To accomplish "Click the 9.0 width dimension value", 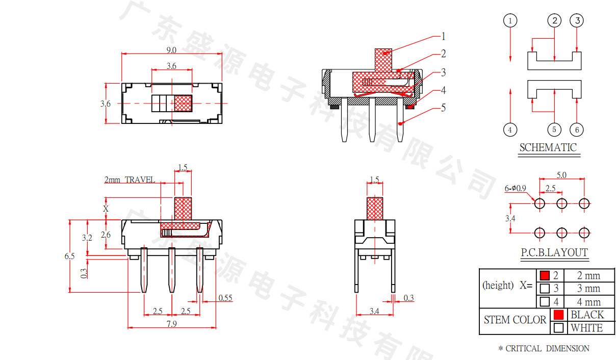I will click(x=171, y=50).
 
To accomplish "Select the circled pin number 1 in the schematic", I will click(x=510, y=21).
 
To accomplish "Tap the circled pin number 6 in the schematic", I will click(x=577, y=130).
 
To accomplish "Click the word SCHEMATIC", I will click(x=548, y=148).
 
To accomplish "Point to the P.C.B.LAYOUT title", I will click(x=554, y=252).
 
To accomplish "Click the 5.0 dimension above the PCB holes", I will click(x=561, y=175).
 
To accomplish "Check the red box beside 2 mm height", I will click(x=545, y=275).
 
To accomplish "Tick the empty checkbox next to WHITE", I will click(x=559, y=328).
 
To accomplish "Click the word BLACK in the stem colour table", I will click(x=587, y=315).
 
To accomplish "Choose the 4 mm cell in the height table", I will click(x=588, y=302).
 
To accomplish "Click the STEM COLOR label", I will click(x=515, y=320).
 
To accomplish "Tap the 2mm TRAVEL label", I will click(x=130, y=180).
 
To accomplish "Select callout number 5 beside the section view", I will click(x=443, y=108).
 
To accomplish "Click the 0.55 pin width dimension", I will click(x=225, y=298).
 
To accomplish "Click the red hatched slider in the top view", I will click(x=183, y=103).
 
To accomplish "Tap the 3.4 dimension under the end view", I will click(x=374, y=311).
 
